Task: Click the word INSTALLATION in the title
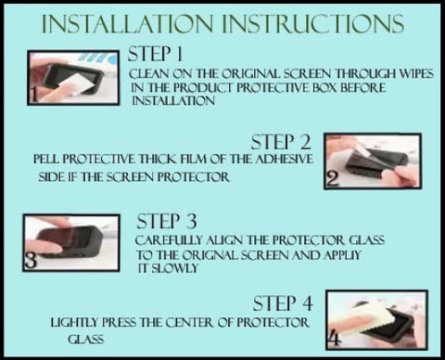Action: [x=127, y=23]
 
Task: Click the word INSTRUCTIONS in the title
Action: [x=313, y=23]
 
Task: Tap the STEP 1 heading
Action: [x=155, y=54]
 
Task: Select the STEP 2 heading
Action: [x=281, y=142]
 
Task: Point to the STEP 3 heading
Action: [x=167, y=222]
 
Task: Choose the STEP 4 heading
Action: [x=283, y=303]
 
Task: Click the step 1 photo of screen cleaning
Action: [x=73, y=78]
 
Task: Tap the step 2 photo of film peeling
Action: [x=373, y=161]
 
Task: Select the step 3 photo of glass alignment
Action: [x=71, y=243]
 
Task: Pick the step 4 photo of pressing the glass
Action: [x=377, y=320]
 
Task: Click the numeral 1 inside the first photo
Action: [x=34, y=95]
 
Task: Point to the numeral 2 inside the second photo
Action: [x=333, y=179]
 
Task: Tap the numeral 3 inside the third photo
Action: [x=31, y=260]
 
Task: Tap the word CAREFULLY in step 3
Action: [x=169, y=240]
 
